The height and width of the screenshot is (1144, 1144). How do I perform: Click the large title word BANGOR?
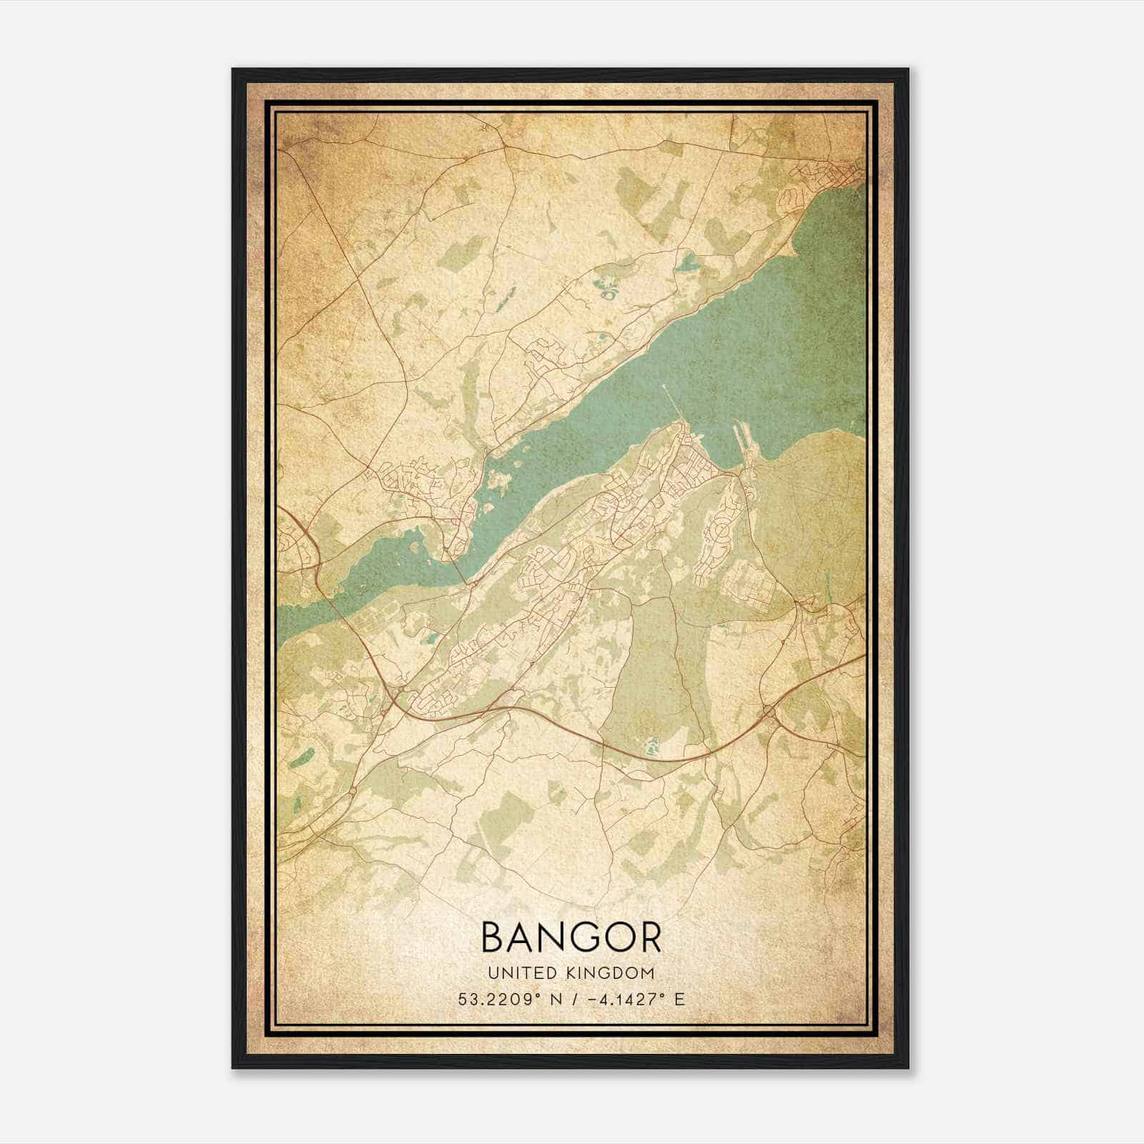point(571,937)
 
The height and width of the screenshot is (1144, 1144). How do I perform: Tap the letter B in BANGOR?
point(495,937)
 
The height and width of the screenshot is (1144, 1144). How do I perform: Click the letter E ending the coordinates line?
point(679,999)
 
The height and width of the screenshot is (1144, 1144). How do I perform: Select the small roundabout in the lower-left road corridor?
point(353,792)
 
